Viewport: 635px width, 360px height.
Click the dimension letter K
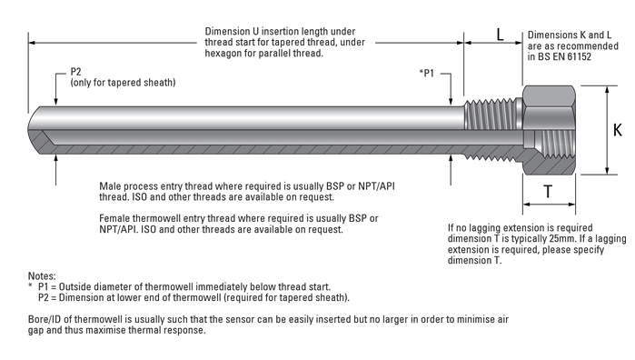(x=617, y=130)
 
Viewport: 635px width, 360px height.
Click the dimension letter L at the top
(x=501, y=35)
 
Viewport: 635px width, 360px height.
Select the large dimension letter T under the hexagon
(x=548, y=191)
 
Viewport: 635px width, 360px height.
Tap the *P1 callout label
(x=426, y=74)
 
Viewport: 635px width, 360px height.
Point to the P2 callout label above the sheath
(x=75, y=72)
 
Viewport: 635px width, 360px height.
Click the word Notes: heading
(x=42, y=276)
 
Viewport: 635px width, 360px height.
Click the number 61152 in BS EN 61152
(x=579, y=56)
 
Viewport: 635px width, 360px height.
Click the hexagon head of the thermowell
(x=549, y=130)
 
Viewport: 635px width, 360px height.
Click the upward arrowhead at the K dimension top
(x=607, y=90)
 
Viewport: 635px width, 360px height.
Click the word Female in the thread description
(x=114, y=218)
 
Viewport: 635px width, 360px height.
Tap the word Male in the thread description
(x=110, y=186)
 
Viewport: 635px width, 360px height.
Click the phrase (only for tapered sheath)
(x=124, y=83)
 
